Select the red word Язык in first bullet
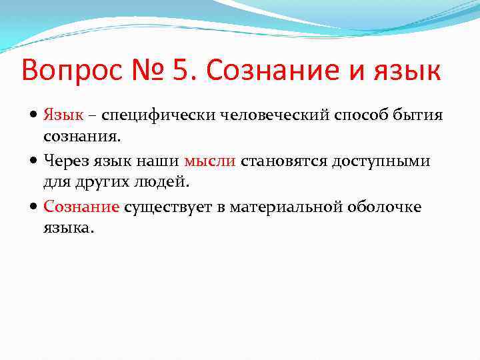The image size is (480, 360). pyautogui.click(x=63, y=115)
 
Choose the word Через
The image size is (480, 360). pyautogui.click(x=65, y=161)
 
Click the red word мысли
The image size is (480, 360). pyautogui.click(x=210, y=161)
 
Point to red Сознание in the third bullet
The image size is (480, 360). pyautogui.click(x=81, y=207)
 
